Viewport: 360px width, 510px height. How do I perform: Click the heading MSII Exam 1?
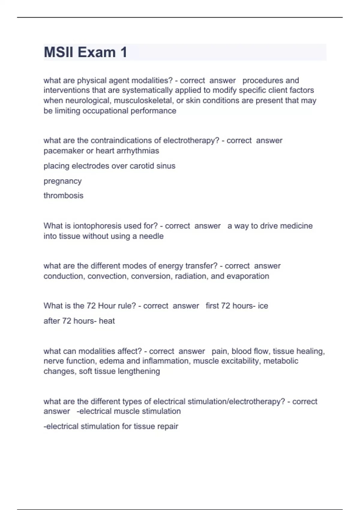85,52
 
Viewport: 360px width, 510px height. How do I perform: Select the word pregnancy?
62,181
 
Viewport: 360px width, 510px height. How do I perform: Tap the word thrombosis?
63,196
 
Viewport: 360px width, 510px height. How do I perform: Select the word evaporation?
248,276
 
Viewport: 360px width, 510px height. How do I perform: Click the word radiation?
191,276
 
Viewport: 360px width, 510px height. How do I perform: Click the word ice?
263,306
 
